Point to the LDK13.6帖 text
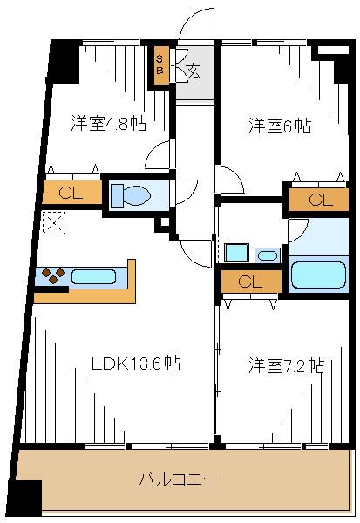tap(136, 363)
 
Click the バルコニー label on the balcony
tap(179, 479)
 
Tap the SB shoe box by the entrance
tap(160, 65)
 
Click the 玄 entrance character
tap(193, 71)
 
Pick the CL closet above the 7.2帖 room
tap(250, 282)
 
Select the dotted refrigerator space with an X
tap(52, 225)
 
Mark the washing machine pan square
tap(236, 253)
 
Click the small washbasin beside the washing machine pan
tap(268, 255)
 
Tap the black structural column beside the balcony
tap(30, 498)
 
